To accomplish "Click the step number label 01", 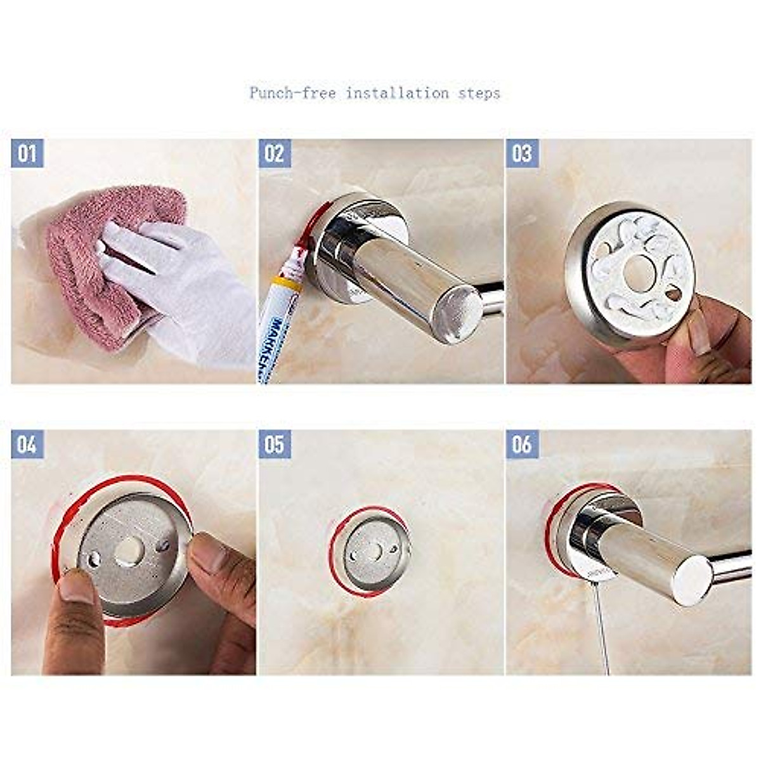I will [27, 153].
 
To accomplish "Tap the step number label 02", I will [275, 153].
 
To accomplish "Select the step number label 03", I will [522, 153].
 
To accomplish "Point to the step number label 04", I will [27, 445].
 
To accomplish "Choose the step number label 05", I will [275, 445].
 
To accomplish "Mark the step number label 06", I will [522, 445].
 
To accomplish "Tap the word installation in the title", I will [397, 93].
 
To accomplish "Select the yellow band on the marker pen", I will [286, 283].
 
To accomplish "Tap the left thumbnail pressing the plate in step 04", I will [76, 587].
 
